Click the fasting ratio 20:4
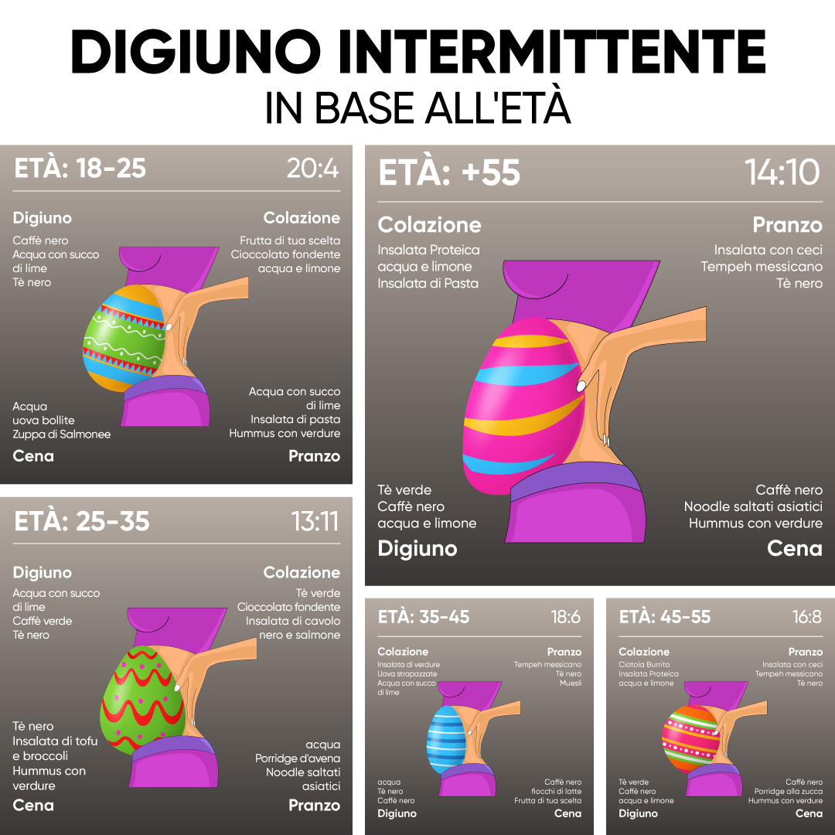coord(312,169)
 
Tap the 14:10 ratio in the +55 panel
coord(782,172)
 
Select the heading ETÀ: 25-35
coord(81,521)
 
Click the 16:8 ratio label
coord(806,617)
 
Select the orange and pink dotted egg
coord(690,738)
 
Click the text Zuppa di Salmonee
coord(62,434)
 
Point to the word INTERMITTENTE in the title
coord(552,52)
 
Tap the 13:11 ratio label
coord(315,521)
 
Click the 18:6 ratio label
coord(565,617)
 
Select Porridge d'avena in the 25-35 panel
coord(297,758)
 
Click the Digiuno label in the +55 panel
coord(417,548)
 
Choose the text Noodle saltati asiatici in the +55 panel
coord(753,506)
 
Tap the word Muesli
coord(571,683)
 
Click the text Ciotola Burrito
coord(644,664)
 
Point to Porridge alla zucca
coord(788,792)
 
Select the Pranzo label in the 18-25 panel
coord(314,456)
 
